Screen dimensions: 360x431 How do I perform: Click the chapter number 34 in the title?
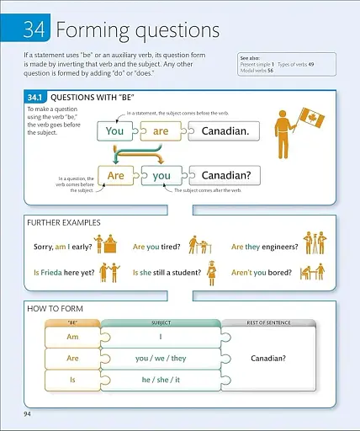click(33, 30)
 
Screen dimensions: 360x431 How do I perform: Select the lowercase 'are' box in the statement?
click(161, 131)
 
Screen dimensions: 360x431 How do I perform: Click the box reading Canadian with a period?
click(225, 131)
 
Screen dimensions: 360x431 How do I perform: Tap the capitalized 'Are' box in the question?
click(116, 176)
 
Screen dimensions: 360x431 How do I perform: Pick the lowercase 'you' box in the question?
click(161, 176)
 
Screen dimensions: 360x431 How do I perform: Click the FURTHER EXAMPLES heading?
click(64, 223)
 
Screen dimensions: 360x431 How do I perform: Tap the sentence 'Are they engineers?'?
click(263, 247)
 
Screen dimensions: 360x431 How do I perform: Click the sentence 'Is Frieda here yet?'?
click(64, 274)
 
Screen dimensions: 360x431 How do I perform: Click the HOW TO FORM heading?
click(56, 309)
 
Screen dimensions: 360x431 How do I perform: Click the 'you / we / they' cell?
click(161, 359)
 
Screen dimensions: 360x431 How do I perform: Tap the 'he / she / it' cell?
click(161, 380)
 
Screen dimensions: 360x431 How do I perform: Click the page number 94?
click(29, 413)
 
